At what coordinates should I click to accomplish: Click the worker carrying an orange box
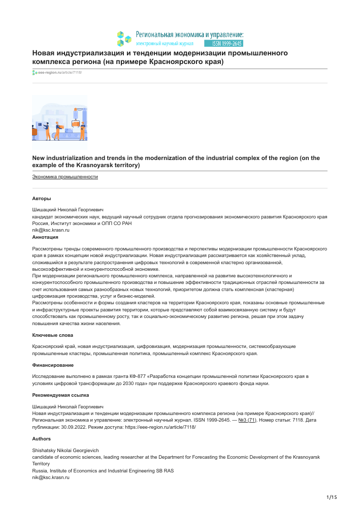[57, 130]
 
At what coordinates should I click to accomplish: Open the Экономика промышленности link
[65, 177]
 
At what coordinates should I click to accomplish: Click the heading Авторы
[42, 199]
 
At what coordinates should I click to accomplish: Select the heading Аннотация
[45, 237]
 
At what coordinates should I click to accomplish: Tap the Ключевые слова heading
[53, 335]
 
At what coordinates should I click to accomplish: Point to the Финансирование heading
[53, 365]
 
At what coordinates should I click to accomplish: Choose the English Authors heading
[42, 438]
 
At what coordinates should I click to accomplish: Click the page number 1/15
[331, 496]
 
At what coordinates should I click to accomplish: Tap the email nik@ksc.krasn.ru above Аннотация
[51, 230]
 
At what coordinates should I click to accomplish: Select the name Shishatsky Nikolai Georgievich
[66, 451]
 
